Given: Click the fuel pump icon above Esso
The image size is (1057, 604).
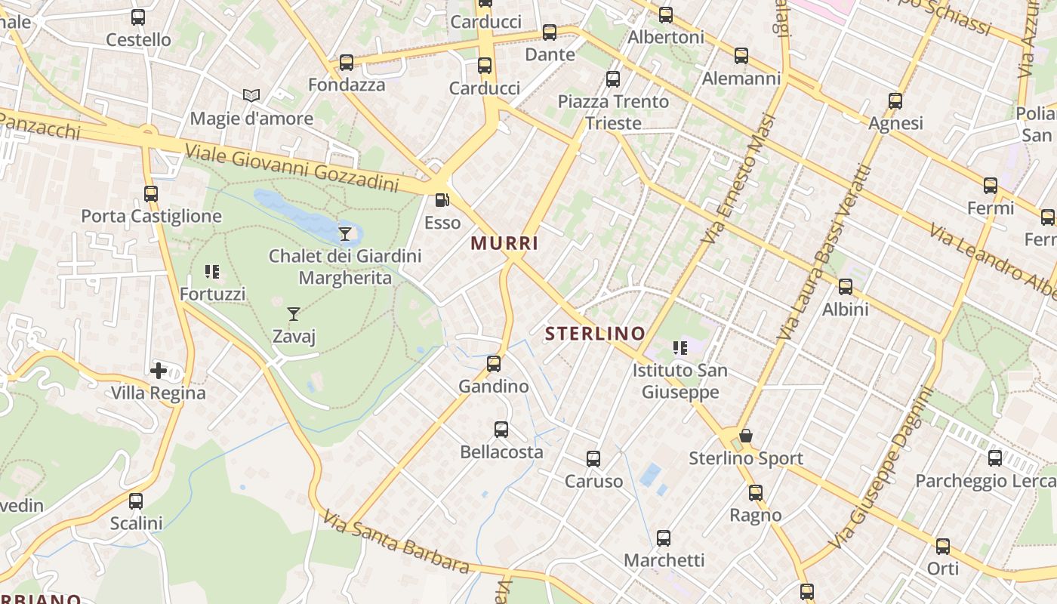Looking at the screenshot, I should [442, 200].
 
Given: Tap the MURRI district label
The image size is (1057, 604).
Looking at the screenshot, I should [504, 243].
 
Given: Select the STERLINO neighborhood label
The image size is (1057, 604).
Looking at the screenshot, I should [595, 333].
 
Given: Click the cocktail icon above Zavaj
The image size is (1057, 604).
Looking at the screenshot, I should [294, 313].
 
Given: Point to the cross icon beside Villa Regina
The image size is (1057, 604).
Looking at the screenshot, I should [159, 370].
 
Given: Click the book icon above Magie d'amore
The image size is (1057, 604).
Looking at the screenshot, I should [251, 96].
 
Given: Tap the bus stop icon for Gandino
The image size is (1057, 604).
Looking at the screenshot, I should [494, 364].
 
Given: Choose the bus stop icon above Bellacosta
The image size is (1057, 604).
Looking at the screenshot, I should [501, 430].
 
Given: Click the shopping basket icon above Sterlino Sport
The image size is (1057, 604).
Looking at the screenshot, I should [745, 436].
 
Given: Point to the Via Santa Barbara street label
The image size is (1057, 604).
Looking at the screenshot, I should [396, 542].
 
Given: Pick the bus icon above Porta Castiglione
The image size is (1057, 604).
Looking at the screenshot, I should [151, 194].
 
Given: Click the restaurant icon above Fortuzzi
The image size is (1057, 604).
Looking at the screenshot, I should [212, 272].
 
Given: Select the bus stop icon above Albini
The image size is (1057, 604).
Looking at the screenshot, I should [846, 287].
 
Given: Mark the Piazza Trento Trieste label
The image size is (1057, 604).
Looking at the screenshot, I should [613, 112].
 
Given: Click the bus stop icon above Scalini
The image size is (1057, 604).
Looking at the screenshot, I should [136, 501].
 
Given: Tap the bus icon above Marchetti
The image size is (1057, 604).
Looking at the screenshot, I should [664, 538].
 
